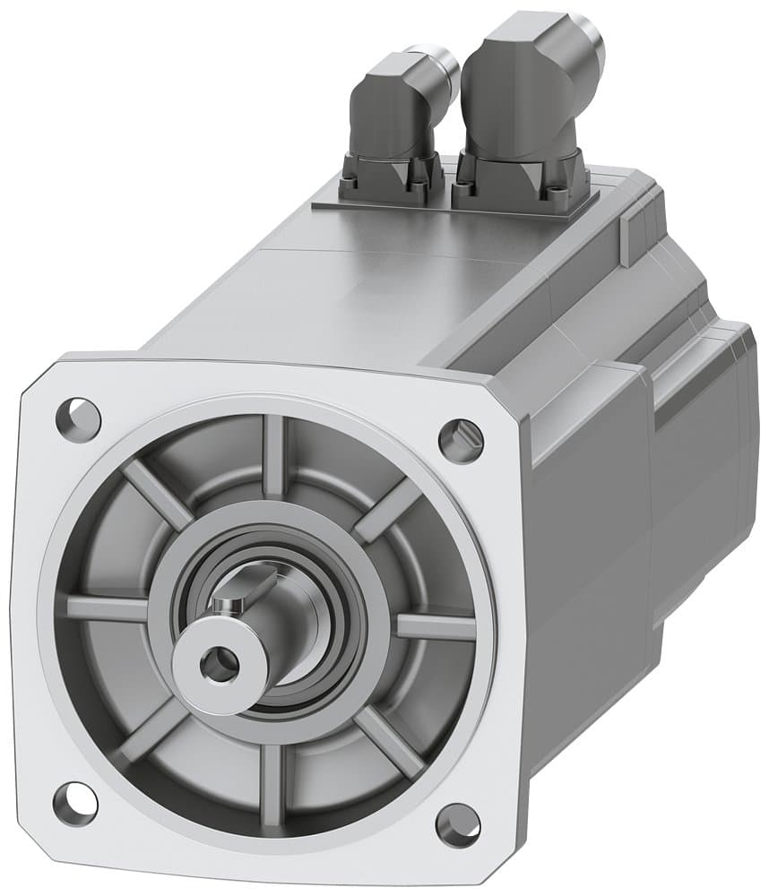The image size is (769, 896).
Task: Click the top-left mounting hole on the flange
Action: coord(78,415)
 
